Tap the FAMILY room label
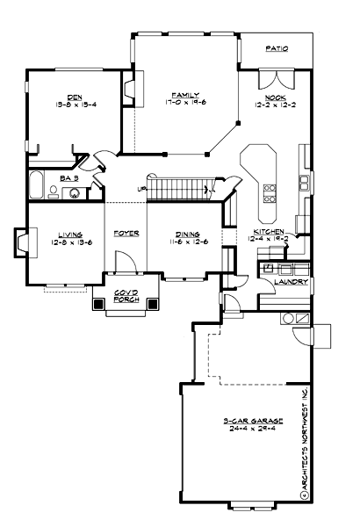(x=185, y=95)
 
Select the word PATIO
(x=277, y=50)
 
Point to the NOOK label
(x=270, y=97)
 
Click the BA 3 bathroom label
(x=70, y=177)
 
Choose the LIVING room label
(x=70, y=234)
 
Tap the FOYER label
(x=126, y=234)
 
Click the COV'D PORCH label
(x=126, y=295)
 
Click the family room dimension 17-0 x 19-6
(x=185, y=102)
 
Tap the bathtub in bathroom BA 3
(x=38, y=186)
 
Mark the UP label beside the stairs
(x=141, y=189)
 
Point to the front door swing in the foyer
(x=125, y=262)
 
